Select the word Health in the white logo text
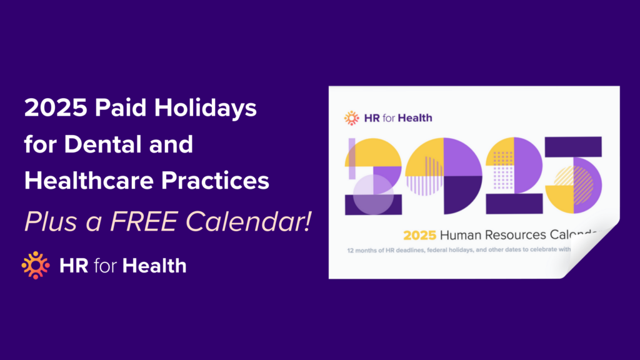pyautogui.click(x=154, y=266)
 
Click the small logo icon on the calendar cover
pyautogui.click(x=352, y=117)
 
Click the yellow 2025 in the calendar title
pyautogui.click(x=419, y=236)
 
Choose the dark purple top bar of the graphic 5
pyautogui.click(x=574, y=146)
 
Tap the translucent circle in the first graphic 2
pyautogui.click(x=373, y=194)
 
